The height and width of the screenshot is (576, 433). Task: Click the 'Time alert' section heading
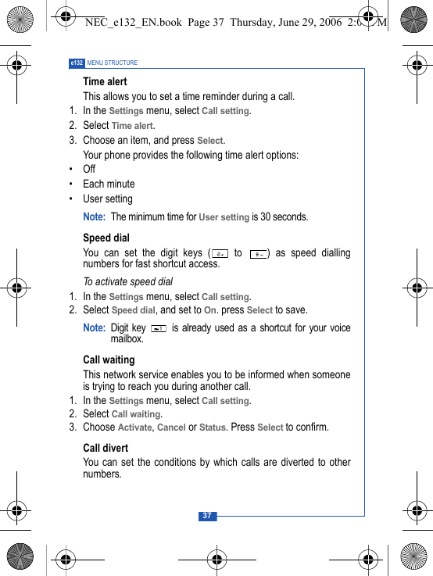tap(105, 81)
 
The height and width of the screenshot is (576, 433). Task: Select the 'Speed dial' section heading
tap(106, 238)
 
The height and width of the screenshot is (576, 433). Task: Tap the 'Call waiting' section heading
tap(109, 360)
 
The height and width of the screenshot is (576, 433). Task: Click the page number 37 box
tap(207, 516)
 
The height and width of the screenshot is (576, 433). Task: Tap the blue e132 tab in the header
tap(77, 63)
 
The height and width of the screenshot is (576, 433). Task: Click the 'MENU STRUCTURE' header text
tap(113, 63)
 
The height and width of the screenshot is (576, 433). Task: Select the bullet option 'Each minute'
tap(109, 184)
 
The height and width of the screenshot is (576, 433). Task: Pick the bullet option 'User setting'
tap(108, 199)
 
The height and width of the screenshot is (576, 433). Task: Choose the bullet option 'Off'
tap(89, 170)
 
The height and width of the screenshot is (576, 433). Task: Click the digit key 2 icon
tap(220, 253)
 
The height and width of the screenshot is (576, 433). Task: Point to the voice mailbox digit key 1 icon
tap(159, 328)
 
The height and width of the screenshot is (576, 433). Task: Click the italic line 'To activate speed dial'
tap(127, 281)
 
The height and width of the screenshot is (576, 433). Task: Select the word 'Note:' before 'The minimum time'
tap(94, 216)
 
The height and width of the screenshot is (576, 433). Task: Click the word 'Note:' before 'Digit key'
tap(94, 328)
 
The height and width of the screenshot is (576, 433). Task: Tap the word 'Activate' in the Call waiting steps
tap(135, 428)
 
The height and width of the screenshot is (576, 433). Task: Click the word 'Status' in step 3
tap(213, 428)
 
